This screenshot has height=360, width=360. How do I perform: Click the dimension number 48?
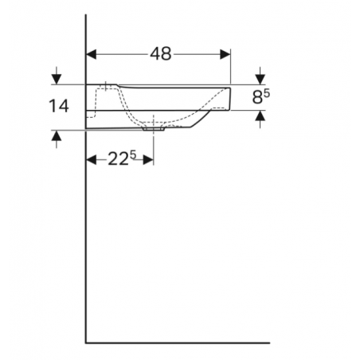pyautogui.click(x=161, y=54)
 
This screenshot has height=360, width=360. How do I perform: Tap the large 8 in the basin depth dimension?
pyautogui.click(x=256, y=99)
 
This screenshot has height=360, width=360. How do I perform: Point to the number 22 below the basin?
pyautogui.click(x=118, y=159)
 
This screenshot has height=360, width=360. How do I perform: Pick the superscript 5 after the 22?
pyautogui.click(x=134, y=155)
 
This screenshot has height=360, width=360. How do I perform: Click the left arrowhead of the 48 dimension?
pyautogui.click(x=91, y=54)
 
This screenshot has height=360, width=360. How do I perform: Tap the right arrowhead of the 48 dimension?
pyautogui.click(x=225, y=54)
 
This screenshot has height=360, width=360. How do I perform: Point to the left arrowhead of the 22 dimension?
pyautogui.click(x=91, y=159)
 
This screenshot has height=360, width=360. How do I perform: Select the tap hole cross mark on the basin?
pyautogui.click(x=105, y=84)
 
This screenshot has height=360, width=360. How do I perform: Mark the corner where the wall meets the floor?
pyautogui.click(x=86, y=343)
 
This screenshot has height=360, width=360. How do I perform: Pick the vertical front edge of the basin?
pyautogui.click(x=231, y=97)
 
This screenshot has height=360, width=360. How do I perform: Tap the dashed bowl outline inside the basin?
pyautogui.click(x=183, y=119)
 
